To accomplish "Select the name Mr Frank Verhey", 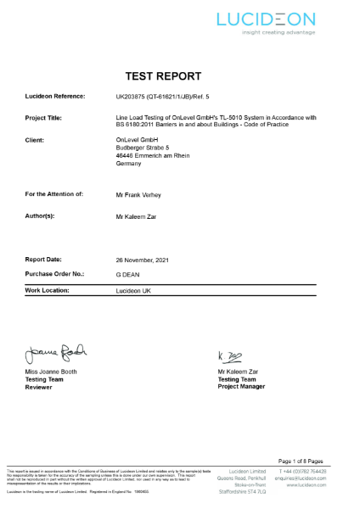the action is click(x=138, y=194).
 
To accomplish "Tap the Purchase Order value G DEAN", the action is click(x=127, y=274).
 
